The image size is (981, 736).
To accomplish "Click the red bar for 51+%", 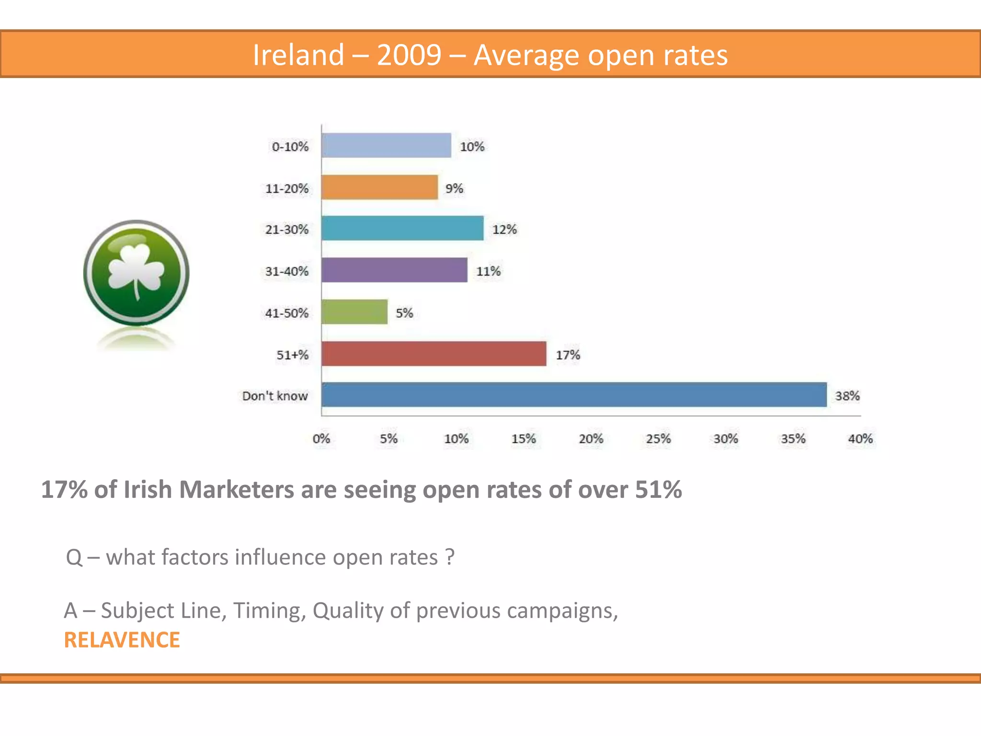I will [x=433, y=354].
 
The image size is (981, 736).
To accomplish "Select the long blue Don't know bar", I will [x=574, y=395].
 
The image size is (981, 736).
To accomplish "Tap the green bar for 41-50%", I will [x=354, y=312].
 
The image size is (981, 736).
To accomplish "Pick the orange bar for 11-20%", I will [x=379, y=187].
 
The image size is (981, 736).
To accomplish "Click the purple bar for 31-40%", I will [x=394, y=270].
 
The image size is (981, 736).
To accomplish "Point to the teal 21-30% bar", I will [x=402, y=229].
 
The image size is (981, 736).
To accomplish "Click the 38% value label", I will [x=847, y=396].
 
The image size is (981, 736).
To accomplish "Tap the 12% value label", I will [x=504, y=230].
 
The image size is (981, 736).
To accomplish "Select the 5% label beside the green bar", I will [x=404, y=313].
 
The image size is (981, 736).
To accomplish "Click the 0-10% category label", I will [x=290, y=147].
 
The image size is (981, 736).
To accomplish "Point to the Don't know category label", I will [x=274, y=396].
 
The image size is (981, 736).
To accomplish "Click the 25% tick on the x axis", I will [x=658, y=439].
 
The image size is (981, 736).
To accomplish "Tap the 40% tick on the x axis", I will [x=860, y=439].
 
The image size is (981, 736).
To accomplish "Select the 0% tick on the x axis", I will [x=321, y=439].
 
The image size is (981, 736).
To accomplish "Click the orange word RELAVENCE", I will [x=122, y=640].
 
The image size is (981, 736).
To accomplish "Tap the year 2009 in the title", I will [x=409, y=55].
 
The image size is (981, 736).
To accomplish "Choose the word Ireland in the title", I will [x=298, y=55].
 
